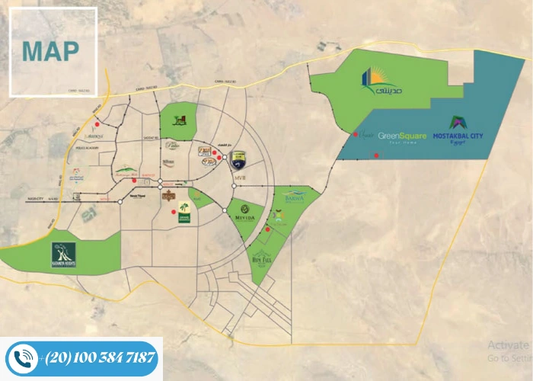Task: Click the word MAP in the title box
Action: click(50, 51)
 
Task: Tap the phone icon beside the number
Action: click(22, 358)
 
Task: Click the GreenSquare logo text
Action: click(402, 136)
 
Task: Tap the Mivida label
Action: click(245, 213)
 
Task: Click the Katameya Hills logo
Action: click(125, 171)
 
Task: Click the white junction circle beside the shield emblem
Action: click(225, 157)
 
